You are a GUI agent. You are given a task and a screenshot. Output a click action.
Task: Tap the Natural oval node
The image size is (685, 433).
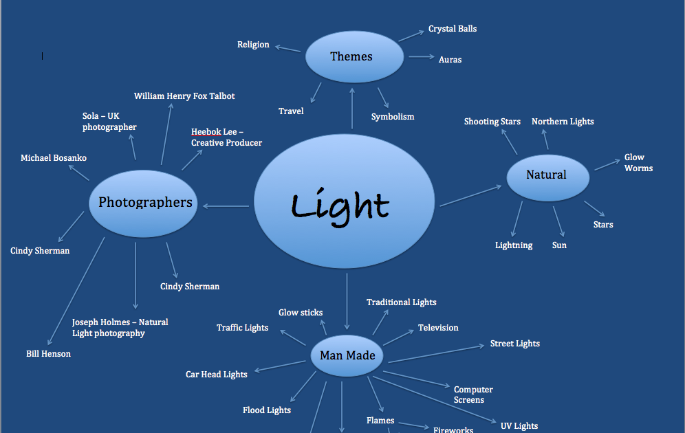point(547,175)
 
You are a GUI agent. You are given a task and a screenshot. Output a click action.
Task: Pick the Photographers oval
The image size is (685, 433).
point(144,202)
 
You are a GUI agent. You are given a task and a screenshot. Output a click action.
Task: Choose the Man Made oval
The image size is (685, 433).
point(347,356)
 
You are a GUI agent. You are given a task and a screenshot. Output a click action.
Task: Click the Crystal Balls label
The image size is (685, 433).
point(453,29)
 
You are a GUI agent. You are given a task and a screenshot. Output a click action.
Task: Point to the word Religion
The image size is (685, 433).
point(253,45)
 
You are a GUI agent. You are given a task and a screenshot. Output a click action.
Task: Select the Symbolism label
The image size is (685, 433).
point(393,117)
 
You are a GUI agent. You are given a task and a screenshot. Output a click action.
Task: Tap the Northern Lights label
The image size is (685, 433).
point(563,122)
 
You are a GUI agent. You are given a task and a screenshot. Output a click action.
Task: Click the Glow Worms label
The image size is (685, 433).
point(638,163)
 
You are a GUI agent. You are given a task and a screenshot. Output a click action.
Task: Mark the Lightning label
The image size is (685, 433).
point(514,245)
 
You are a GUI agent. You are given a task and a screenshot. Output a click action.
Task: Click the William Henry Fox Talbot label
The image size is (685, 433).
point(184,96)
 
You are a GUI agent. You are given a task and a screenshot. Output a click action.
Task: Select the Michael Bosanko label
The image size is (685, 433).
point(54,158)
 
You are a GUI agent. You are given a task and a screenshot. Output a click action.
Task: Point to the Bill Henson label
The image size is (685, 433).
point(48,354)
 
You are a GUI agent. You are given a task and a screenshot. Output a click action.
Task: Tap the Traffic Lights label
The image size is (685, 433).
point(242,328)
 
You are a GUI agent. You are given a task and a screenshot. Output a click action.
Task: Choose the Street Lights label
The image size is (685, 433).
point(514,344)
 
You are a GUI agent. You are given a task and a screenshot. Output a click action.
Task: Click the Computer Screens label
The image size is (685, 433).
point(473,395)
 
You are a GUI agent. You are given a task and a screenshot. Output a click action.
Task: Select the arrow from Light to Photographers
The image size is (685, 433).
point(226,206)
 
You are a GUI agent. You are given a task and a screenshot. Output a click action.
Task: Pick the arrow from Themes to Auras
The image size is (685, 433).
point(420,57)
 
